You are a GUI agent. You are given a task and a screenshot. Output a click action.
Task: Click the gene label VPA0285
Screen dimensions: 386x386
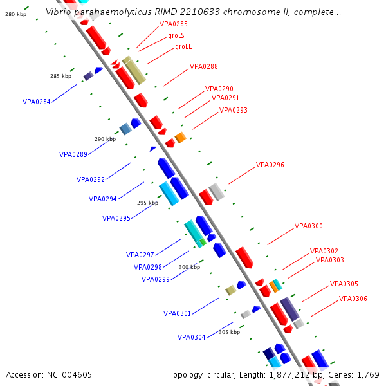point(174,24)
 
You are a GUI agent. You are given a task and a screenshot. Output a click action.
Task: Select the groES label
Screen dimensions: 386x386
point(176,36)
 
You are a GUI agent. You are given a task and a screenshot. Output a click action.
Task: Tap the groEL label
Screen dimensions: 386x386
point(183,46)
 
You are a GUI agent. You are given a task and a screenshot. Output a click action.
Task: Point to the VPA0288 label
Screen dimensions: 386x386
point(203,66)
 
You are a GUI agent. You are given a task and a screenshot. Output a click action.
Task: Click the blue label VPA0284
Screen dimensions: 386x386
point(36,102)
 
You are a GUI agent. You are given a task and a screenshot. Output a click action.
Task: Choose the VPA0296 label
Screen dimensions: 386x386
point(270,165)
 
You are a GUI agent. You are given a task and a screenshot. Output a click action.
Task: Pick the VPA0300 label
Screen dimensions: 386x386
point(308,226)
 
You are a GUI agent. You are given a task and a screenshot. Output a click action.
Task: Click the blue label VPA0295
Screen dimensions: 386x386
point(116,218)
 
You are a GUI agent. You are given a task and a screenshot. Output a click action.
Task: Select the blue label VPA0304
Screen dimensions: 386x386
point(191,337)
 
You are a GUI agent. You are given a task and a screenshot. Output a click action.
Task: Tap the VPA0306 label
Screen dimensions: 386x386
point(353,299)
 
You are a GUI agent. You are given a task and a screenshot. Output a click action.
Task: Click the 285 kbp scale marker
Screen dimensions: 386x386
point(60,76)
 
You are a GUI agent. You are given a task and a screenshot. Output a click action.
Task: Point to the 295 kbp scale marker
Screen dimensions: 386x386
point(147,203)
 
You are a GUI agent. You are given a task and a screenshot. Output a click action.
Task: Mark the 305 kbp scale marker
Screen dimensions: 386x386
point(229,332)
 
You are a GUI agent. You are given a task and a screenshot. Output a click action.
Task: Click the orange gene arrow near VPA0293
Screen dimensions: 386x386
point(180,137)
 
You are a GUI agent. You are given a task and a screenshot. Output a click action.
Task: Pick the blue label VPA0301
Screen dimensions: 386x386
point(177,314)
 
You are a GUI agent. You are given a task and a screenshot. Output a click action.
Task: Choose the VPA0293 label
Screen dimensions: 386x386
point(233,110)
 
